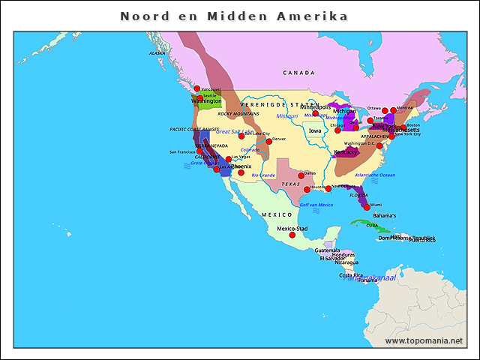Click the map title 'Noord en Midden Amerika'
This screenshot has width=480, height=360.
234,16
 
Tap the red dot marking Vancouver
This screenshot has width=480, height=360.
197,88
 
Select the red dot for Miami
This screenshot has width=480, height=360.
367,207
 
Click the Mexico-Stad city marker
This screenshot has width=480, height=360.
292,235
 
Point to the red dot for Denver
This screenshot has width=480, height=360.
268,141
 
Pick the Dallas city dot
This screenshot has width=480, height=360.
301,175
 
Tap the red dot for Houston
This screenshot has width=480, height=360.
307,189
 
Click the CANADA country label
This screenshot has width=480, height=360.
299,73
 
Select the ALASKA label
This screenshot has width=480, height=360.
157,53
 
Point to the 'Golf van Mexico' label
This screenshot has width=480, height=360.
316,205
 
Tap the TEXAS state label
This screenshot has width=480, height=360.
290,184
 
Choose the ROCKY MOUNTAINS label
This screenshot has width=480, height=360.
238,114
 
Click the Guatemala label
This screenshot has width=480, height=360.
327,250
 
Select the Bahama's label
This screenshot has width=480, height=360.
385,216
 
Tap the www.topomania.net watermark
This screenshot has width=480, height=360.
424,341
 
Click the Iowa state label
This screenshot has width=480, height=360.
315,130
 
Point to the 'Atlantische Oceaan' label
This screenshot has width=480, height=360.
374,175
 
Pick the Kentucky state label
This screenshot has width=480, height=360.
346,151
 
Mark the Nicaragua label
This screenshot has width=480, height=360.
346,262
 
